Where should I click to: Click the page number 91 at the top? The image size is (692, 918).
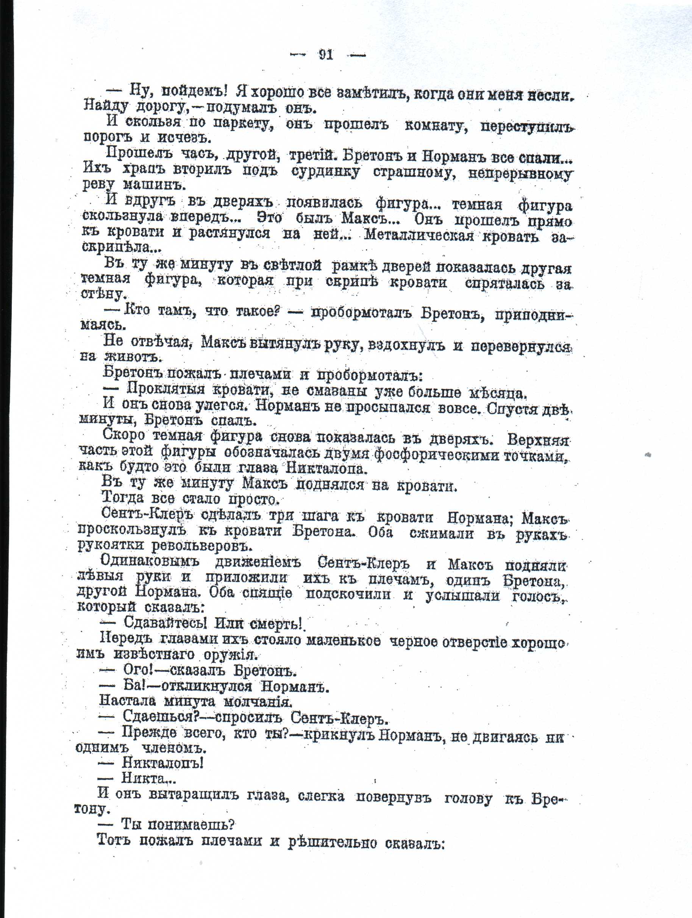pos(326,55)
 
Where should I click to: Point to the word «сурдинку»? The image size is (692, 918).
pos(325,172)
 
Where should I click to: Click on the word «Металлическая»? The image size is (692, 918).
pos(419,235)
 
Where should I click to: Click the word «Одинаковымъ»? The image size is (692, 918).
pos(150,562)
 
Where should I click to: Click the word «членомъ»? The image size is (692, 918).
pos(174,748)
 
